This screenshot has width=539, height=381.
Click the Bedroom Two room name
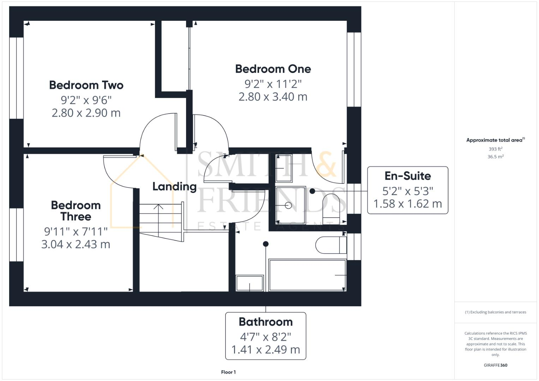point(86,85)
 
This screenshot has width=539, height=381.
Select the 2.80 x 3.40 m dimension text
point(273,97)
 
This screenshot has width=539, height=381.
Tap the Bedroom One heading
point(273,69)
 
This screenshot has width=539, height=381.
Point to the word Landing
point(174,186)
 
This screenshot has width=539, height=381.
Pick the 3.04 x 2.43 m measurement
point(76,244)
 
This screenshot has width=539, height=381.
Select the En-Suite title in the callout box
point(408,176)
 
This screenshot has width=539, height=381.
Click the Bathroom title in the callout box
point(265,322)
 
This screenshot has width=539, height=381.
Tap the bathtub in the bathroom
point(307,275)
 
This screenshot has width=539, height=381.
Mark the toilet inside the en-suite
point(334,208)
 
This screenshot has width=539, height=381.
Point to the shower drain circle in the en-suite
point(289,205)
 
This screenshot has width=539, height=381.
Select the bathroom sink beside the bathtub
point(250,283)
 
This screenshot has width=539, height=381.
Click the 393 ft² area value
point(495,149)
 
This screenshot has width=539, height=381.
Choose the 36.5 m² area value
point(495,157)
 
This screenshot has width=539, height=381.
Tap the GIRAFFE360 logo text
point(495,365)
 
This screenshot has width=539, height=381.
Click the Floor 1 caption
point(228,372)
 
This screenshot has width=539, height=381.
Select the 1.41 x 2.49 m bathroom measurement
point(265,350)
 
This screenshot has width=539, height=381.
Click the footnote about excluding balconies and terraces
point(495,312)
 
